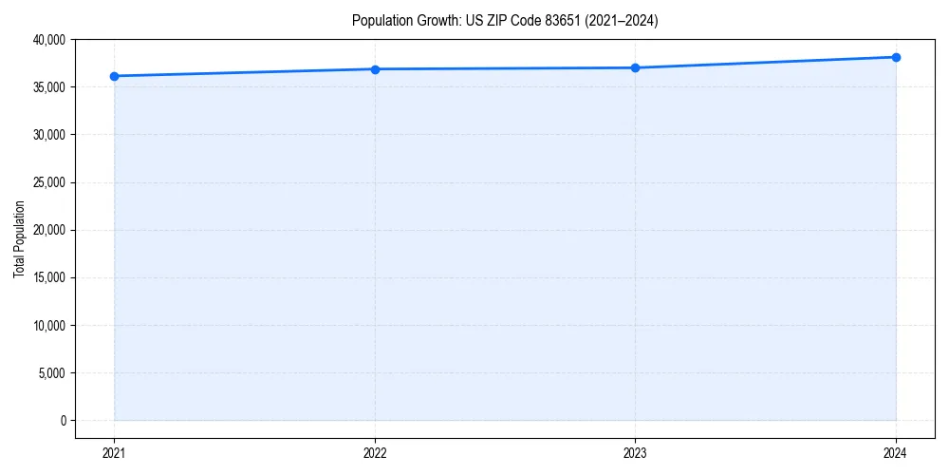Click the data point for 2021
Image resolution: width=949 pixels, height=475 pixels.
tap(114, 76)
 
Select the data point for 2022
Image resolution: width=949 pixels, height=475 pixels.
tap(375, 69)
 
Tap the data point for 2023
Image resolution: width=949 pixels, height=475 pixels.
tap(635, 67)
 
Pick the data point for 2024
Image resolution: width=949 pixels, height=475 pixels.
tap(896, 57)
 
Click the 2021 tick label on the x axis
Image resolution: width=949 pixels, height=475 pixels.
tap(114, 452)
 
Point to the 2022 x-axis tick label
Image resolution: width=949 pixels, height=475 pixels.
tap(375, 452)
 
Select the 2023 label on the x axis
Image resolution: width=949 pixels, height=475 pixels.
tap(635, 452)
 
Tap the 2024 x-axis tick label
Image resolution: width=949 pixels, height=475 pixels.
tap(896, 452)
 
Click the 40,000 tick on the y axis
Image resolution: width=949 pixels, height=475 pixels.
tap(48, 40)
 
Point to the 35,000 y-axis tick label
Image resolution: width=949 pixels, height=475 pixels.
tap(48, 87)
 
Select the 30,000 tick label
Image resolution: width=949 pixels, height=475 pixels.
tap(48, 135)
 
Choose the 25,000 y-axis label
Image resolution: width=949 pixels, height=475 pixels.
tap(48, 182)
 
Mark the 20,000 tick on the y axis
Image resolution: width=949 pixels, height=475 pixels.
tap(48, 230)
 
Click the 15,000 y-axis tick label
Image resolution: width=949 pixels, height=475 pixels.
tap(48, 277)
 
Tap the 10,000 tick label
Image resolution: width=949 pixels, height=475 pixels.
tap(48, 325)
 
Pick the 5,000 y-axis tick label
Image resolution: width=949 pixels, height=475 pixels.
tap(51, 372)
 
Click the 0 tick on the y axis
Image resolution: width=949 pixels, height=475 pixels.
tap(62, 420)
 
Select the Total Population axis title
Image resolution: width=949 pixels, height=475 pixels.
tap(19, 238)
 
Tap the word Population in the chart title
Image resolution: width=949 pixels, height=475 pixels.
tap(380, 20)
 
